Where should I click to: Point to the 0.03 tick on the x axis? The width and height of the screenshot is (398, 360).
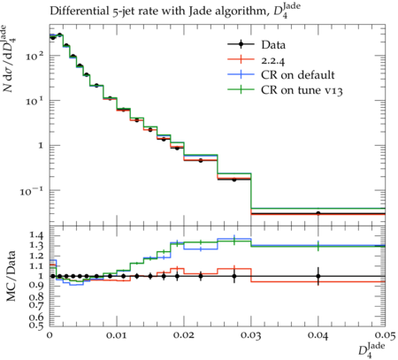tap(251, 335)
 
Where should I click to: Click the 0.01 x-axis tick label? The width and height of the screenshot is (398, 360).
tap(117, 335)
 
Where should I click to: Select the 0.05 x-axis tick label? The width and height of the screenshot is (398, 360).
tap(385, 335)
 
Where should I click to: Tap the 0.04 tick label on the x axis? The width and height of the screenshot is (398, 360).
tap(318, 335)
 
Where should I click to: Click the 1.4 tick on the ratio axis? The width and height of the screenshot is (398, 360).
tap(36, 235)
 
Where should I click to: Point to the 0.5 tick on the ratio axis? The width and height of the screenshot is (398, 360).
tap(36, 326)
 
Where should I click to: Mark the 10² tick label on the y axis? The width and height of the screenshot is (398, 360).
tap(34, 56)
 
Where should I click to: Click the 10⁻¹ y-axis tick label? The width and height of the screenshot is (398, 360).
tap(32, 191)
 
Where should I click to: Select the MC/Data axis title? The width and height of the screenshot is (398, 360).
tap(11, 276)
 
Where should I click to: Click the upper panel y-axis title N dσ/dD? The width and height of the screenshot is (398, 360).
tap(9, 58)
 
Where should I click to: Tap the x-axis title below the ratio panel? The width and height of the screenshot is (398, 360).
tap(372, 350)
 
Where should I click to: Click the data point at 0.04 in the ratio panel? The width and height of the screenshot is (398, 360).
tap(318, 276)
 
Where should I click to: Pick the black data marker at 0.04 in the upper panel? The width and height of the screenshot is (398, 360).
tap(318, 213)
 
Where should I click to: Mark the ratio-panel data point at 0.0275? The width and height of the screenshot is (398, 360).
tap(234, 276)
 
